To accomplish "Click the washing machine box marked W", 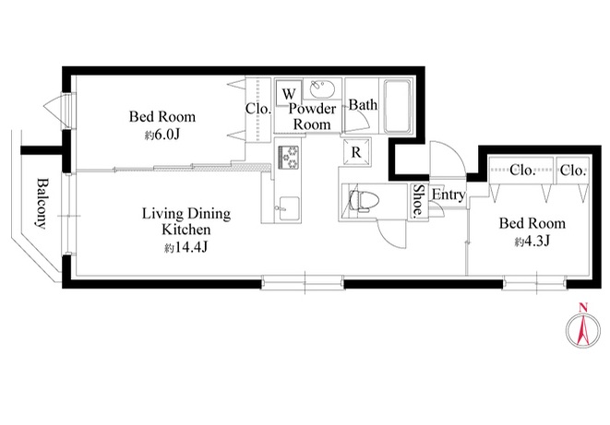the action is (289, 92).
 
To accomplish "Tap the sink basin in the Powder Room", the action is (322, 89).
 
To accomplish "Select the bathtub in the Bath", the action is (397, 106).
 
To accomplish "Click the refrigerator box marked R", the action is (356, 152).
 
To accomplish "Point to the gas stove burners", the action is (288, 157).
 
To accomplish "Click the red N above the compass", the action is (582, 309).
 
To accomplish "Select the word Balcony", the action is (42, 203).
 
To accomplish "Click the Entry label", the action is (449, 195).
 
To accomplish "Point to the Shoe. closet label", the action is (418, 200).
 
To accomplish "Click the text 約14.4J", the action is (185, 247).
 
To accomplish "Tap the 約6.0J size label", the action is (162, 135).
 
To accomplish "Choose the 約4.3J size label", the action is (532, 242).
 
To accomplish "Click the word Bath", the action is (363, 105).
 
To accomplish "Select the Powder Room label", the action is (312, 116).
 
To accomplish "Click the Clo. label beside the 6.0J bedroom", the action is (257, 109).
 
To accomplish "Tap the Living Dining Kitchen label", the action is (186, 221).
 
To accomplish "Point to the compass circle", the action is (582, 330).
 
